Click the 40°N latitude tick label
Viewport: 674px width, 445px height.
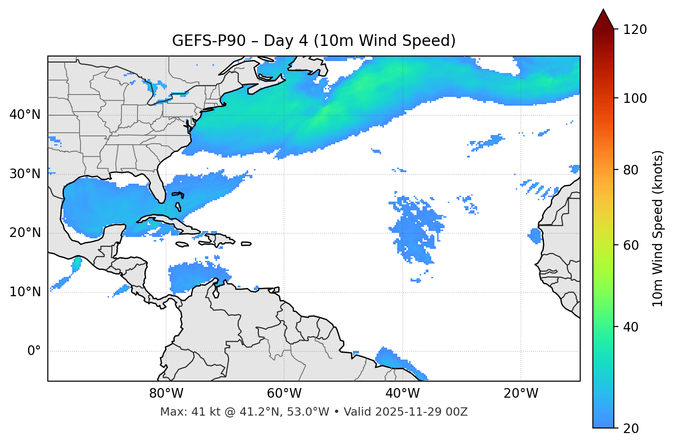pyautogui.click(x=25, y=115)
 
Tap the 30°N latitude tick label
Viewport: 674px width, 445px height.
pyautogui.click(x=25, y=174)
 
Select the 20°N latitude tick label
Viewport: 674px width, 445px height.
pyautogui.click(x=25, y=233)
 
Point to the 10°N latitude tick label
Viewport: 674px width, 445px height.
pyautogui.click(x=25, y=292)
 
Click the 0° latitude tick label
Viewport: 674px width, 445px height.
pyautogui.click(x=34, y=351)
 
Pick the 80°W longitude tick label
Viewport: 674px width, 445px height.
pyautogui.click(x=166, y=394)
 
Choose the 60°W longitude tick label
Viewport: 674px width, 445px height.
pyautogui.click(x=284, y=394)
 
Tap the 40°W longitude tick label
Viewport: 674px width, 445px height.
pyautogui.click(x=402, y=394)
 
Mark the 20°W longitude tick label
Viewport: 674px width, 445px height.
pyautogui.click(x=520, y=394)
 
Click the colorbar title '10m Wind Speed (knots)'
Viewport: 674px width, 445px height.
pyautogui.click(x=658, y=229)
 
